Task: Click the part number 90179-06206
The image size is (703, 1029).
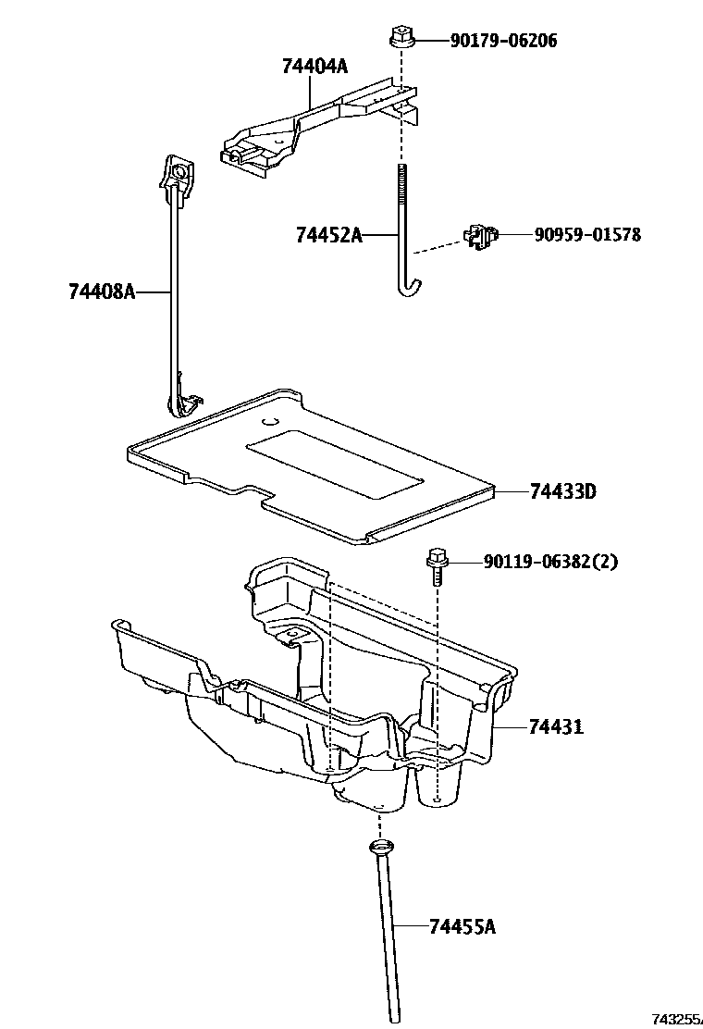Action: [x=503, y=41]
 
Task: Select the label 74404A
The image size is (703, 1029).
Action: [x=315, y=66]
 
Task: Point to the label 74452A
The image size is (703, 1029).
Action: [x=328, y=235]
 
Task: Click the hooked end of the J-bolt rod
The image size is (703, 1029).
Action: [x=407, y=289]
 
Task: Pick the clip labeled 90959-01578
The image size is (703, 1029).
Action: [x=479, y=236]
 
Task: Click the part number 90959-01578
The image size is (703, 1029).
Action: [x=586, y=235]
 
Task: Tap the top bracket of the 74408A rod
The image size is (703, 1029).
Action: [x=178, y=172]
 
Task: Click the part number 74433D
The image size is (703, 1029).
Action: [x=562, y=491]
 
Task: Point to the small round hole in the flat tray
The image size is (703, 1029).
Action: [x=269, y=423]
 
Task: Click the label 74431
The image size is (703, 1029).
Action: [x=556, y=726]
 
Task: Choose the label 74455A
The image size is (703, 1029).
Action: [x=462, y=925]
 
